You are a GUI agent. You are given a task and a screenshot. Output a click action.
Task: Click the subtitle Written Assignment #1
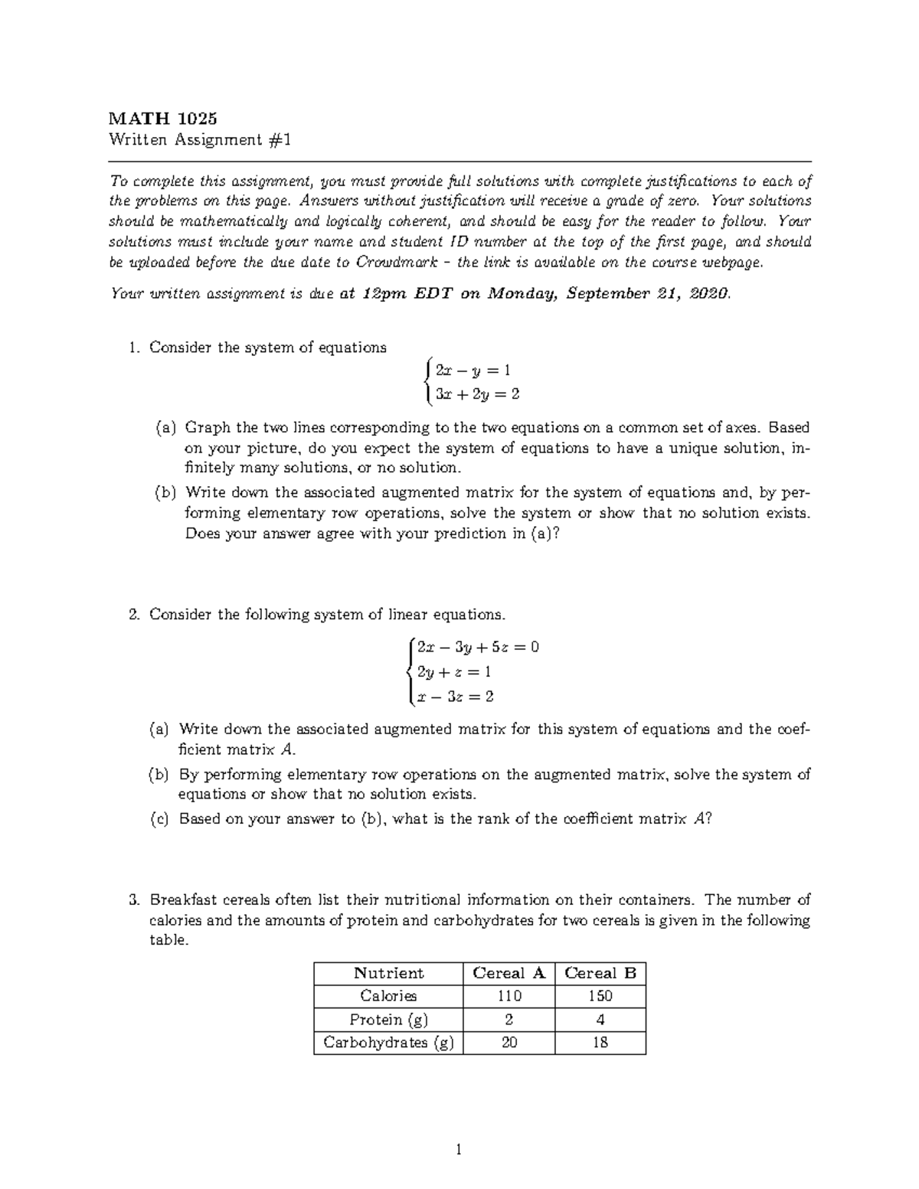click(x=200, y=140)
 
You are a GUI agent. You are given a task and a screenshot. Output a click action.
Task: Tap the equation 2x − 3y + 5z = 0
click(x=478, y=647)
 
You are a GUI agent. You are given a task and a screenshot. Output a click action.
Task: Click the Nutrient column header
click(x=388, y=973)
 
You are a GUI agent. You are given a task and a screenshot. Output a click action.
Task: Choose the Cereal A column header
click(x=509, y=973)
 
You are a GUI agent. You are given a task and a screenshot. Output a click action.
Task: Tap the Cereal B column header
click(x=600, y=973)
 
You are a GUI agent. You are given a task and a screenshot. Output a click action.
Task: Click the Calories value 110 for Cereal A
click(x=509, y=996)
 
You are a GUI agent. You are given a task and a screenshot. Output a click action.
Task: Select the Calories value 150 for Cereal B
click(x=600, y=996)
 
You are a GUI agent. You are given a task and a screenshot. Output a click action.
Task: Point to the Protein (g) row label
click(x=388, y=1020)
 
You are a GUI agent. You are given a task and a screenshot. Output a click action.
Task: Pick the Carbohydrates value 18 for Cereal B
click(x=600, y=1043)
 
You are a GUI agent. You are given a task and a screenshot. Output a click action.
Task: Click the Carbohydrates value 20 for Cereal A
click(x=509, y=1043)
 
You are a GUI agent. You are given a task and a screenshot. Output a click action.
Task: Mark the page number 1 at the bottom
click(x=459, y=1148)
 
